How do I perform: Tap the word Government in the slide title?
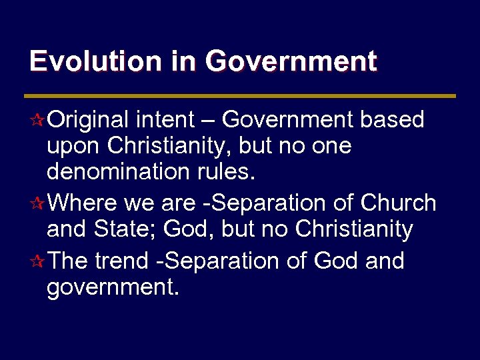(x=291, y=61)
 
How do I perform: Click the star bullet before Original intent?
(x=39, y=121)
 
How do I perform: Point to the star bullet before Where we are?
(x=39, y=203)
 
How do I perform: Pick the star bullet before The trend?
(x=39, y=261)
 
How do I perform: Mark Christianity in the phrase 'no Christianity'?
(x=354, y=230)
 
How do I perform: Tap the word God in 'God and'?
(x=336, y=261)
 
